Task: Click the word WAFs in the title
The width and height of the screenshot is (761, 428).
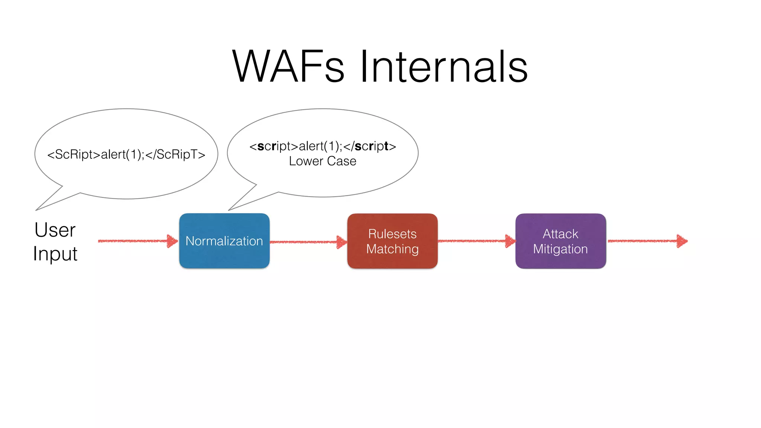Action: click(x=288, y=67)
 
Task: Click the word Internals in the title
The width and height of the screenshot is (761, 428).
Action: click(x=444, y=67)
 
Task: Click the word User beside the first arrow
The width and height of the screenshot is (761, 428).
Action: click(x=55, y=230)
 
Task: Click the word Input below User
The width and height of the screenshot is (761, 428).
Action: click(x=55, y=254)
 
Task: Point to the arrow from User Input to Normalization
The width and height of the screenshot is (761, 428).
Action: click(x=137, y=241)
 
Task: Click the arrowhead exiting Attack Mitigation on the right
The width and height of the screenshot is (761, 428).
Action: click(x=682, y=241)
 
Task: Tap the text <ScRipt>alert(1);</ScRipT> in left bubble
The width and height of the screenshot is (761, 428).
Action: click(x=126, y=154)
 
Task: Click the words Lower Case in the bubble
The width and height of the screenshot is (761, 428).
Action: click(x=323, y=161)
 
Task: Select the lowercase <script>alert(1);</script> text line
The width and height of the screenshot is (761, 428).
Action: click(x=323, y=146)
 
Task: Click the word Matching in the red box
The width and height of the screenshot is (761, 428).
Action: click(x=392, y=249)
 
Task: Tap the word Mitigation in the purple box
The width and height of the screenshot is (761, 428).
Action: click(x=560, y=249)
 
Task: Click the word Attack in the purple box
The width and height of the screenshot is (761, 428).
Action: click(x=560, y=234)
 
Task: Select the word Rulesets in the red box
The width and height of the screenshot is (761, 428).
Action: click(x=392, y=234)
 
